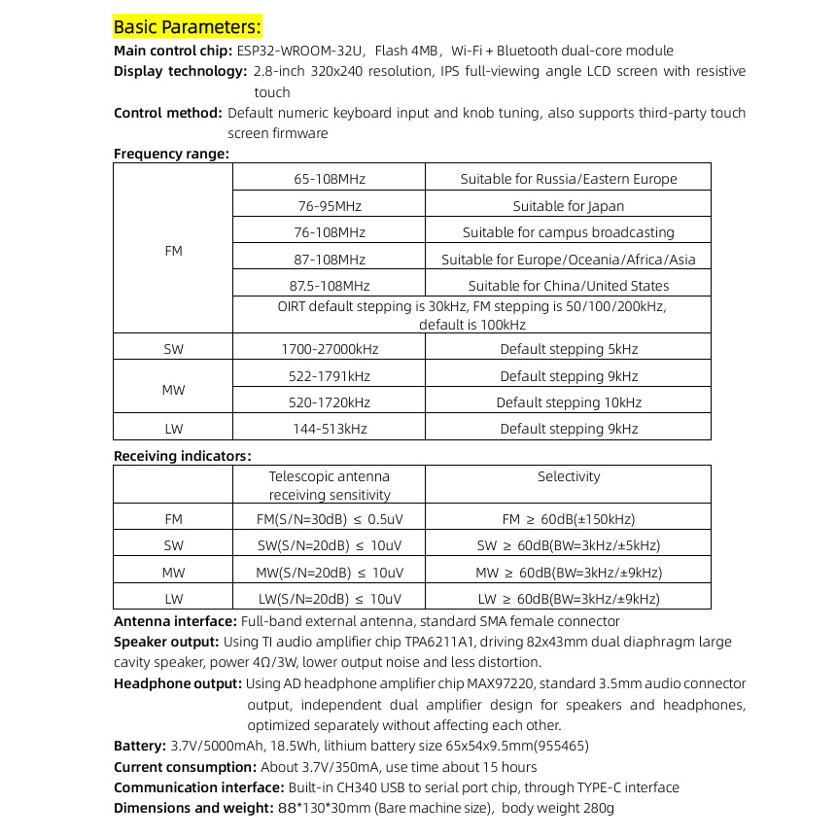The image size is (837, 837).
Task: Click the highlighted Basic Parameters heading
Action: (188, 26)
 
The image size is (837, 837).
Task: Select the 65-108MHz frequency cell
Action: (329, 179)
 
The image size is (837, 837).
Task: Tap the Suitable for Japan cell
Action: (569, 206)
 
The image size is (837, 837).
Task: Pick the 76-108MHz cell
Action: (329, 232)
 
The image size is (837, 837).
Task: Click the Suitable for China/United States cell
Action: (569, 286)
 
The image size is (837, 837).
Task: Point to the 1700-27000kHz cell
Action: (330, 349)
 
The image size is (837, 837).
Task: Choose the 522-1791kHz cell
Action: (330, 376)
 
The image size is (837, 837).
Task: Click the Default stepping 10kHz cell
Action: (569, 402)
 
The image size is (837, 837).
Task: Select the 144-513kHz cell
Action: (330, 429)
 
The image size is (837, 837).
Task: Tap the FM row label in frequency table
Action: (173, 251)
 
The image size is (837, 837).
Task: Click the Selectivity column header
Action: (569, 476)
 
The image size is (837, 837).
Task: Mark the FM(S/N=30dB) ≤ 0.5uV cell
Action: (330, 520)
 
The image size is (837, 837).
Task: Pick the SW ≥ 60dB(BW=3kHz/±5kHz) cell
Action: (569, 546)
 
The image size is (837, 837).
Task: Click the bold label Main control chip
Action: (172, 51)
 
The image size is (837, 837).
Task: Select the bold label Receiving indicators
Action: (182, 456)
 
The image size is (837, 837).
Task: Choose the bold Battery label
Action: (139, 747)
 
